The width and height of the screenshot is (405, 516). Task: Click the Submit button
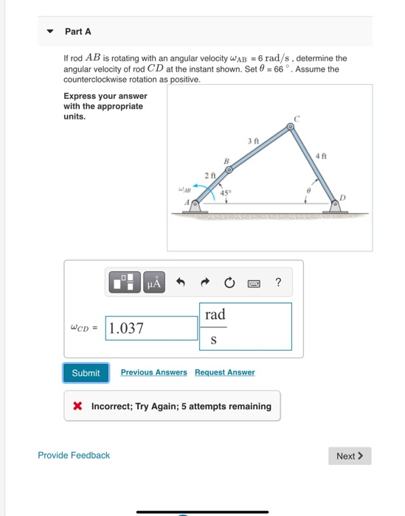point(86,373)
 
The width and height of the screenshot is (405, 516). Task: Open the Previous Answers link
point(153,372)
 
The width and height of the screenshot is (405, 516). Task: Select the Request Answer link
point(224,372)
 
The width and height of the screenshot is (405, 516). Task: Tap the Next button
point(350,456)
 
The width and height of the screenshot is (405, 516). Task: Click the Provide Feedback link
point(74,456)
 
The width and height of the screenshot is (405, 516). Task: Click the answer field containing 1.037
point(152,328)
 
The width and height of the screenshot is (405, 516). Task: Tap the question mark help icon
point(277,281)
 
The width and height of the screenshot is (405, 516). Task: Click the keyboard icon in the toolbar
point(255,281)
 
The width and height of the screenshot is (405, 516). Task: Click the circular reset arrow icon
point(230,281)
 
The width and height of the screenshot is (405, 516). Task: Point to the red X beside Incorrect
point(77,406)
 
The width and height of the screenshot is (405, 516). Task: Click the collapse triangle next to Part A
point(50,32)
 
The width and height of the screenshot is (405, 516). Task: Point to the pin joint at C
point(291,128)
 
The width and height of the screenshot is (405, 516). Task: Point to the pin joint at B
point(229,170)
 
